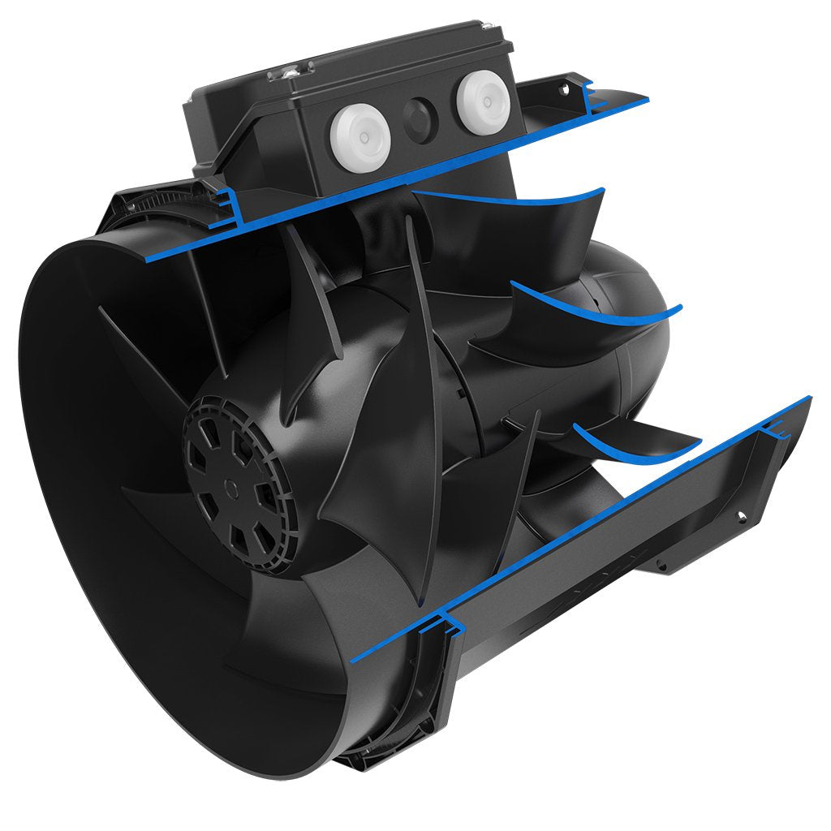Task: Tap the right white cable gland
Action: [484, 101]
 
